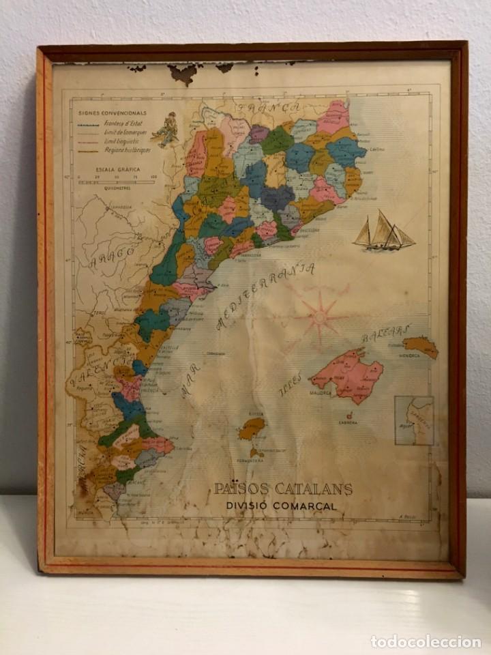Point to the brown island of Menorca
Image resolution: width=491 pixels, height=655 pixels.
pos(420,347)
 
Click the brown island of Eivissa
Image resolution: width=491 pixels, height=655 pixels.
pos(252,428)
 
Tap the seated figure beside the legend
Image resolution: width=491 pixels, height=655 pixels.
pos(166,129)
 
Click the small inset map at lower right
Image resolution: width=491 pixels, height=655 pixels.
pos(414,420)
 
